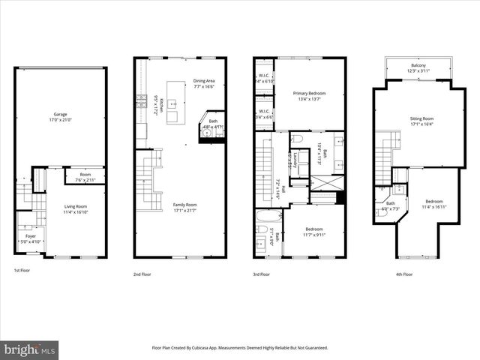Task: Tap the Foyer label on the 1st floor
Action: [30, 236]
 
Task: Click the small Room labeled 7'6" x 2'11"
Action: [85, 180]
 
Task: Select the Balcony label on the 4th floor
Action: [418, 66]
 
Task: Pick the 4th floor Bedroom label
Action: [433, 201]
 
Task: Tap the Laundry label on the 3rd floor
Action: [295, 160]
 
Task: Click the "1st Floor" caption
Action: [22, 270]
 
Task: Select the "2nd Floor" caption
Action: [142, 274]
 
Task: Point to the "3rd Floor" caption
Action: [261, 274]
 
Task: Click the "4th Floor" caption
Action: [404, 274]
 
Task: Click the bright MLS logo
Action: [30, 349]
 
